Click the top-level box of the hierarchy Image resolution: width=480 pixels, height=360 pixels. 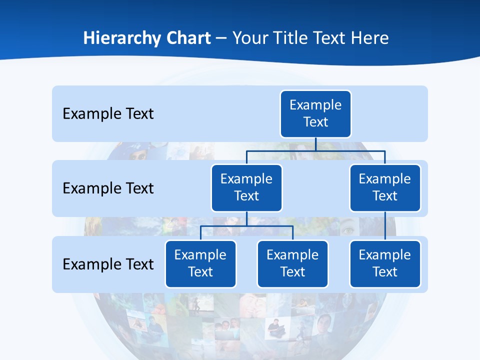click(315, 113)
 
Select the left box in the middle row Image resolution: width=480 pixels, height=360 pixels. click(246, 187)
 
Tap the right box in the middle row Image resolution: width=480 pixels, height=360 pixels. click(385, 187)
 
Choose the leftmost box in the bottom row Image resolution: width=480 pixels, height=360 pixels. click(200, 263)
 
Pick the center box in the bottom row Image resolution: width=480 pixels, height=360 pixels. click(292, 263)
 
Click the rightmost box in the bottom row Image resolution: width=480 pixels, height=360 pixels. click(385, 263)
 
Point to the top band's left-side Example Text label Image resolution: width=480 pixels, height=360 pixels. click(108, 114)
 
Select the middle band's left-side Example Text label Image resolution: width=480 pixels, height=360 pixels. click(108, 188)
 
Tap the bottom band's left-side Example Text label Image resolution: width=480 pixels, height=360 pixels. click(108, 264)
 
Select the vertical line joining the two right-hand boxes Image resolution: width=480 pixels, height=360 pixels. click(385, 225)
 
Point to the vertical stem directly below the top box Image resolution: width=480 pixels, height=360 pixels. click(315, 144)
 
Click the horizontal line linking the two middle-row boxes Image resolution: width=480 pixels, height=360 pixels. click(315, 150)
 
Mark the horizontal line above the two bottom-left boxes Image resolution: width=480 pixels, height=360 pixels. click(246, 226)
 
